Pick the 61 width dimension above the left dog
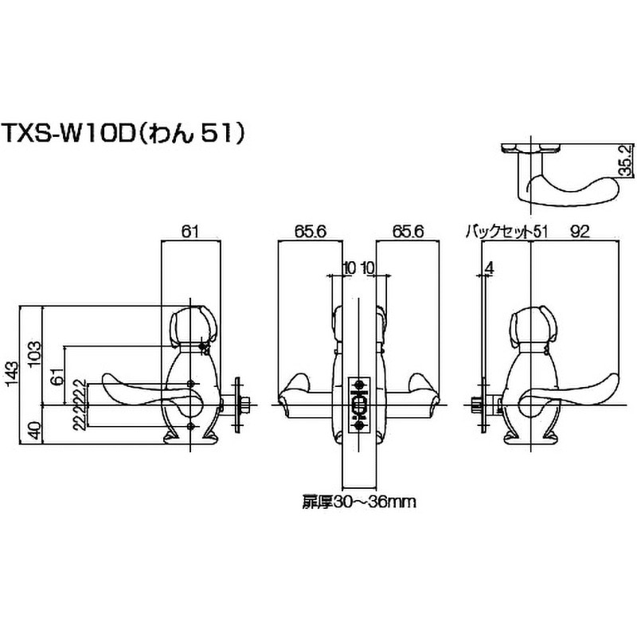pyautogui.click(x=190, y=232)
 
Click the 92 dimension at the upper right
pyautogui.click(x=579, y=232)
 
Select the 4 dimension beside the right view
pyautogui.click(x=487, y=268)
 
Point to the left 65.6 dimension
pyautogui.click(x=310, y=232)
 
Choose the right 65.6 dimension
pyautogui.click(x=408, y=232)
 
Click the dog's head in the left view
pyautogui.click(x=191, y=322)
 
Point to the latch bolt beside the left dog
pyautogui.click(x=239, y=404)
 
